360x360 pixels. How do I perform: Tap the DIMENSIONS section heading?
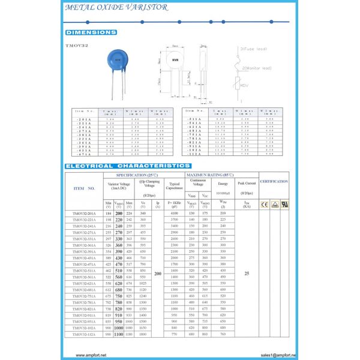tap(91, 32)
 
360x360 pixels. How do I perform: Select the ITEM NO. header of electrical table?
tap(83, 188)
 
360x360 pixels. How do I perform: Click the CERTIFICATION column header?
tap(274, 181)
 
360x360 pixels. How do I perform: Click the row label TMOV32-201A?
tap(84, 213)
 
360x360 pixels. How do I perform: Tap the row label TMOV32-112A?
tap(84, 334)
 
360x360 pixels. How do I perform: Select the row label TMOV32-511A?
tap(84, 271)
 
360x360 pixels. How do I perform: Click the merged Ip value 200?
tap(158, 274)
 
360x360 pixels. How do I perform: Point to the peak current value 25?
tap(246, 274)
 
